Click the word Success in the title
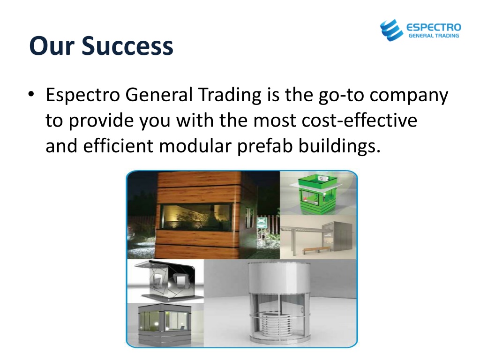(x=127, y=46)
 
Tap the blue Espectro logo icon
(x=391, y=30)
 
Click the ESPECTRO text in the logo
(x=434, y=27)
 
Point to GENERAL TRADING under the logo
(x=434, y=36)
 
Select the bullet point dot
(x=31, y=94)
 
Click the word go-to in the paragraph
(x=341, y=95)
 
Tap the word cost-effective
(x=360, y=120)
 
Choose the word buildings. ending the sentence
(x=339, y=146)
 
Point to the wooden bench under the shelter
(x=317, y=249)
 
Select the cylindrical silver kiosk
(x=279, y=303)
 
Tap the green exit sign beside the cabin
(x=262, y=222)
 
